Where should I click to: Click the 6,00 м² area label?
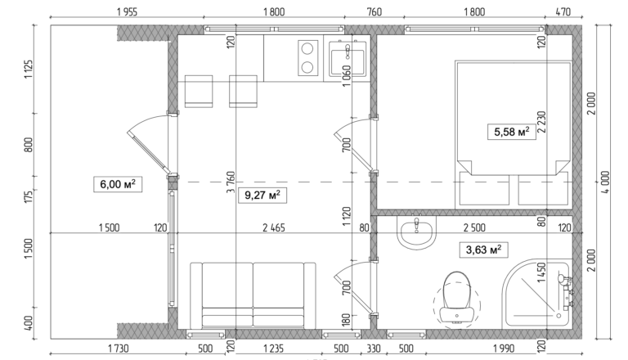pos(114,185)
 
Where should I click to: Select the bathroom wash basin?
pos(419,231)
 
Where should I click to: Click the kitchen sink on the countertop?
pos(351,59)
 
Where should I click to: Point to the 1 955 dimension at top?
pos(127,11)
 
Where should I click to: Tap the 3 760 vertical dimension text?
pos(231,181)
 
